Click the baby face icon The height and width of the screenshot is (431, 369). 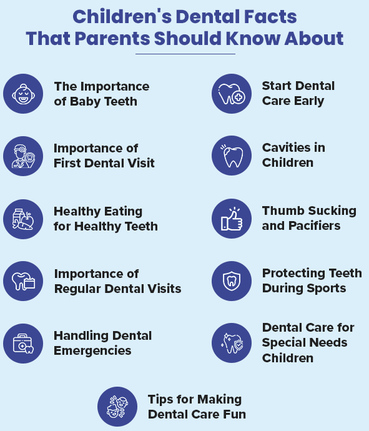[x=23, y=94]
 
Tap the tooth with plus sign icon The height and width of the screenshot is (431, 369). [x=232, y=94]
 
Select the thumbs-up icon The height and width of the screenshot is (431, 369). [x=232, y=219]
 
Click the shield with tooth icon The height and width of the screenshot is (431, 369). [x=232, y=281]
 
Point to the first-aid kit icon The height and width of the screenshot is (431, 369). [x=23, y=344]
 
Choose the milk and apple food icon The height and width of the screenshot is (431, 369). [x=23, y=219]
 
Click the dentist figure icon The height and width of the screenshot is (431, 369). [x=23, y=156]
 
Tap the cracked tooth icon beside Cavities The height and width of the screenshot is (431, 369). [x=232, y=156]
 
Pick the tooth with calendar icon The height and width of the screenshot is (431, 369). [x=23, y=281]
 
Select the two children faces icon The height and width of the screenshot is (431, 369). [x=117, y=407]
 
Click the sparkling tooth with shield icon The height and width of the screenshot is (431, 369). [x=232, y=343]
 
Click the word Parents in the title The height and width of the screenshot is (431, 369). [x=112, y=38]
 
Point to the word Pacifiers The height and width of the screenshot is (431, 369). [x=315, y=225]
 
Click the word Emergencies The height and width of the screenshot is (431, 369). [x=92, y=351]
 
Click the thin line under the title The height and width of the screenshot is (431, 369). [x=185, y=54]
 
